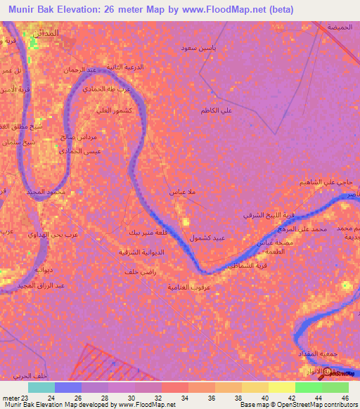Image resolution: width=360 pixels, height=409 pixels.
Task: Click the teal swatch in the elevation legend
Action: tap(41, 387)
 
